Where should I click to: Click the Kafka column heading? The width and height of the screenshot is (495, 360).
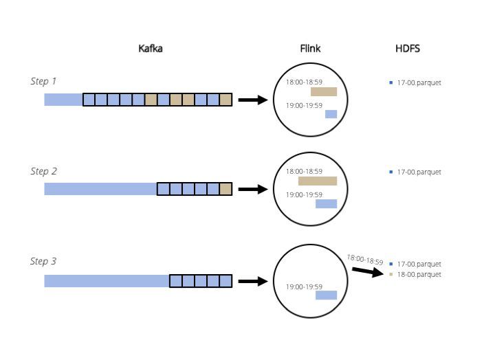click(151, 49)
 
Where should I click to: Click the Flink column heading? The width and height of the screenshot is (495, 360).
click(310, 49)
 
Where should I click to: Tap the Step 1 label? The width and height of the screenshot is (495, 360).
click(43, 81)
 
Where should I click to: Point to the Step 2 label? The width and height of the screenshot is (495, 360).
click(43, 171)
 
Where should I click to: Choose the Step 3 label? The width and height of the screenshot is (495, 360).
click(43, 261)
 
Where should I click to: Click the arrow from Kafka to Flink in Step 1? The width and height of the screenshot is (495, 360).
click(252, 100)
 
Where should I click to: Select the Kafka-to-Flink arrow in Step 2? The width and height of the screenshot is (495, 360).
click(252, 189)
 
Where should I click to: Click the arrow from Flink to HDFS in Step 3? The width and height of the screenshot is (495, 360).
click(367, 271)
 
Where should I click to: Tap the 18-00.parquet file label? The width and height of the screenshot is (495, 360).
click(419, 275)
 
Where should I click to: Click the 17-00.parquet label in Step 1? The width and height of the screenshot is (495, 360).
click(419, 82)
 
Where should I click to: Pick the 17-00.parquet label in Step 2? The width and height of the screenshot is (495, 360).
click(419, 172)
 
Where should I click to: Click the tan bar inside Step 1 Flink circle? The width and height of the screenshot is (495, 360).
click(324, 92)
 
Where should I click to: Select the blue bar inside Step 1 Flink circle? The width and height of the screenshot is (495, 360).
click(331, 114)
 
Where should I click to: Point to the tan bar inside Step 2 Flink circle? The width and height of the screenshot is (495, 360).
click(318, 181)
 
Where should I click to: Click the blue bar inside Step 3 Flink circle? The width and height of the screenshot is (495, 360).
click(326, 295)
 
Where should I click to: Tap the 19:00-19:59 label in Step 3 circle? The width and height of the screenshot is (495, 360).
click(304, 286)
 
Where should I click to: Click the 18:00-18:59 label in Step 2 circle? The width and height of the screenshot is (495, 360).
click(304, 172)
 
